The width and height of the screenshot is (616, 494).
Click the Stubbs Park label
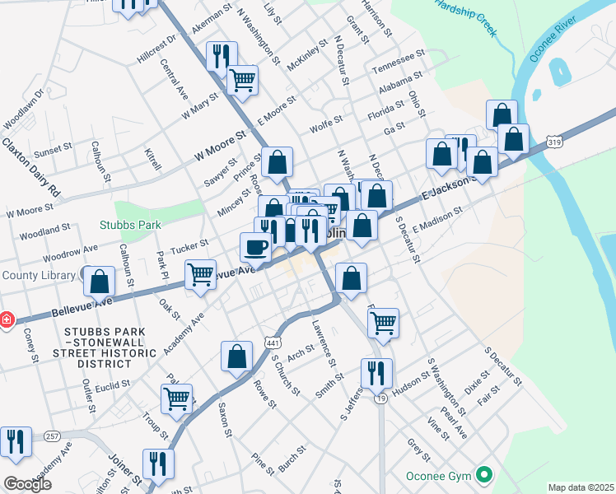coord(131,224)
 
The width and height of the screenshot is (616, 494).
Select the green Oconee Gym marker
coord(485,475)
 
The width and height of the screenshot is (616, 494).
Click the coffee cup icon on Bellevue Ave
coord(256,246)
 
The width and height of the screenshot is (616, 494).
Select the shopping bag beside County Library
coord(100,282)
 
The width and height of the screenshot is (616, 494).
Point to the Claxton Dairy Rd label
coord(31,166)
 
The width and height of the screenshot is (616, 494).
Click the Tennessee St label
coord(398,60)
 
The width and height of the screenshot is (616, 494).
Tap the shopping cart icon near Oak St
coord(202,275)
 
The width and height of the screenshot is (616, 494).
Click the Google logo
coord(28,484)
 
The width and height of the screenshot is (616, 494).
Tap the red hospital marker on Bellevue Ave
coord(5,319)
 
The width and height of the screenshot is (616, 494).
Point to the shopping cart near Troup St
coord(177,398)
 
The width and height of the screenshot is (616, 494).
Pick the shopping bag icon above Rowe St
coord(236,357)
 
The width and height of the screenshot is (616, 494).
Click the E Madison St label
coord(438,218)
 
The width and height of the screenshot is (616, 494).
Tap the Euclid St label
coord(113,384)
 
